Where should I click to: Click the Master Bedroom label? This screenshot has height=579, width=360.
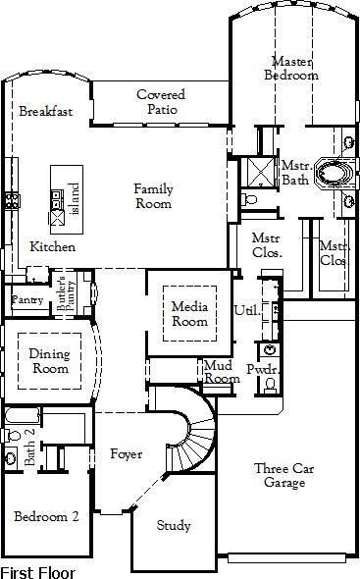(x=294, y=68)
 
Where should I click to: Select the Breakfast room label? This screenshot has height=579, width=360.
(x=46, y=112)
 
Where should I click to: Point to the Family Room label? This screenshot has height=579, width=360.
(x=153, y=196)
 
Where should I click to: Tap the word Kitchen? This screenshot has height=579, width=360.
(x=53, y=246)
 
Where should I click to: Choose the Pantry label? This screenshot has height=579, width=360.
(x=26, y=299)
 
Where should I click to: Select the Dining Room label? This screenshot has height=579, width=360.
(x=48, y=362)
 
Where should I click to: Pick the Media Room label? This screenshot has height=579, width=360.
(x=189, y=314)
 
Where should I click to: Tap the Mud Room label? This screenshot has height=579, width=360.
(x=221, y=372)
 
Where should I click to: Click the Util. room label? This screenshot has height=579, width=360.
(x=246, y=311)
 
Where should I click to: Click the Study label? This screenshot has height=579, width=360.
(x=175, y=526)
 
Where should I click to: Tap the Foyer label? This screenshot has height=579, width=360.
(x=126, y=455)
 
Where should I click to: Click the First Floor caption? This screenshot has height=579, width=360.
(x=37, y=570)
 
